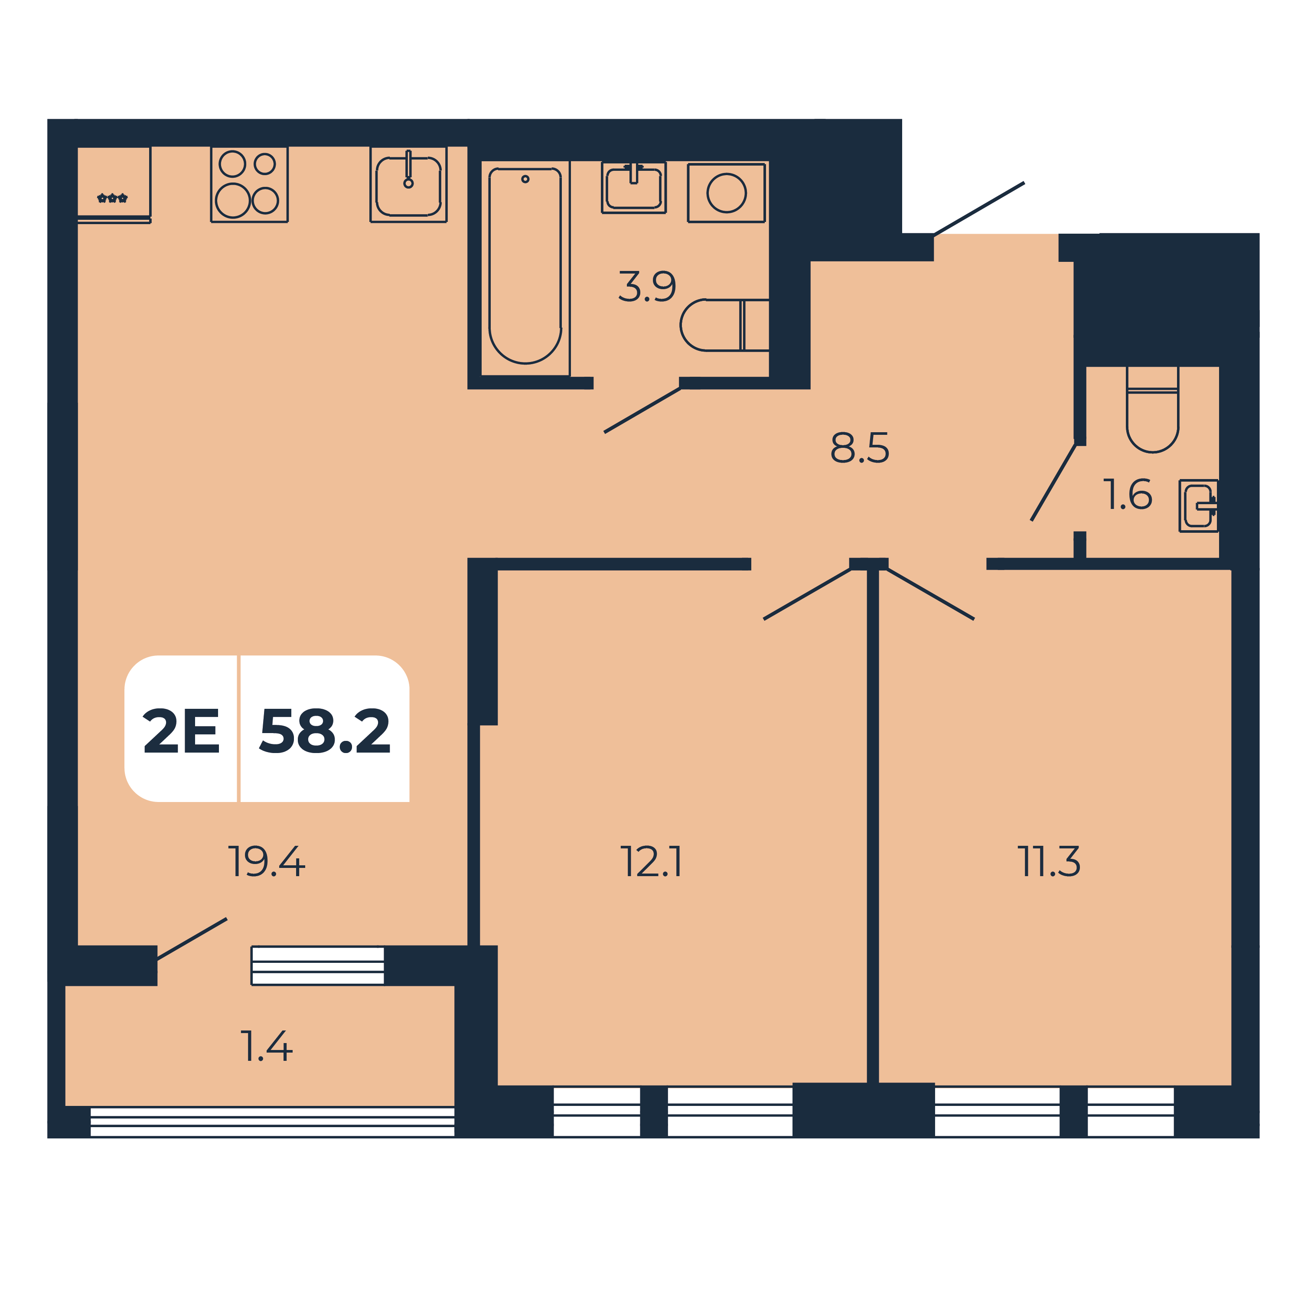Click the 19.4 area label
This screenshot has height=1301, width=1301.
[267, 862]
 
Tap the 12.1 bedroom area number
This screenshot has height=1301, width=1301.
[651, 862]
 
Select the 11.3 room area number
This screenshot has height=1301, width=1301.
[1049, 862]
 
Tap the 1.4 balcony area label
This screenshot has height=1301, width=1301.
[267, 1047]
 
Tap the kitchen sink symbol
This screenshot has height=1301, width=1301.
[408, 185]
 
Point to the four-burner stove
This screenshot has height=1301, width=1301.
[249, 185]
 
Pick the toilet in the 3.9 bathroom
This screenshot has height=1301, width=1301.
[724, 325]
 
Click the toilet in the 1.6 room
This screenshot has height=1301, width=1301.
[1152, 409]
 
